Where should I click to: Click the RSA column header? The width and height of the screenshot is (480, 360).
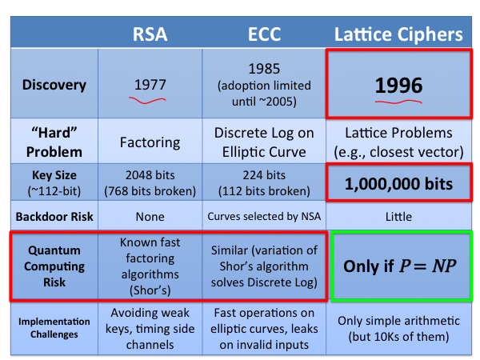(150, 34)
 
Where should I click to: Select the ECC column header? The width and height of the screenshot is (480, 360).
(264, 34)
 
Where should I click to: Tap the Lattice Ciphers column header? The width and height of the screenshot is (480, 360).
(398, 34)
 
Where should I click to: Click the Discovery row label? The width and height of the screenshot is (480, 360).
(54, 85)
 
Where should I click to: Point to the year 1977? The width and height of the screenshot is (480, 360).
(150, 85)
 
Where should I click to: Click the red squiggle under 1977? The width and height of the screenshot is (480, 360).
(147, 101)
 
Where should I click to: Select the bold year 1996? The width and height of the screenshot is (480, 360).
(398, 86)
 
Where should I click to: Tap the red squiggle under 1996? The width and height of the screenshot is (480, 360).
(398, 102)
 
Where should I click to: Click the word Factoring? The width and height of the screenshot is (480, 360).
(150, 142)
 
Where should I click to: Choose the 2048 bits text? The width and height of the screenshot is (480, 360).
(150, 175)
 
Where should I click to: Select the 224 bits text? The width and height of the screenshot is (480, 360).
(264, 175)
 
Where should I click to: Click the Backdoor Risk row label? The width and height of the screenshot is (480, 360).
(54, 217)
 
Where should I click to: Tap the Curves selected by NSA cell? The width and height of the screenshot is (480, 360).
(264, 217)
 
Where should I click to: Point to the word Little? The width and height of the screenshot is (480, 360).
(398, 217)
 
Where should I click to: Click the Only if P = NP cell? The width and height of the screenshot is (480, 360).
(400, 266)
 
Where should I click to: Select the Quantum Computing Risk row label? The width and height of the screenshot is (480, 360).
(54, 266)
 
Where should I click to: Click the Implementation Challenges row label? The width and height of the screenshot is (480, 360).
(54, 328)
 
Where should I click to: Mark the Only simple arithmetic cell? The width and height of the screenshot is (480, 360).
(398, 329)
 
